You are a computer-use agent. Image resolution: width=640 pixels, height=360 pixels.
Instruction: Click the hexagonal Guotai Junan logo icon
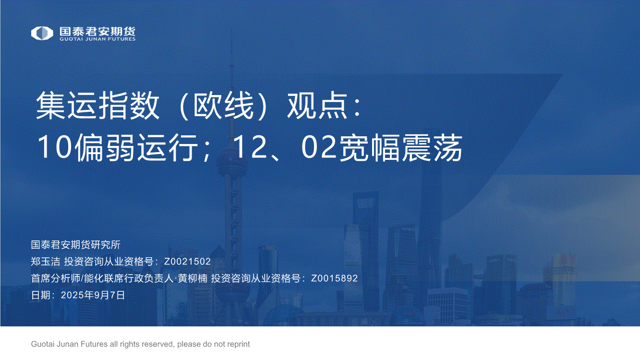point(42,33)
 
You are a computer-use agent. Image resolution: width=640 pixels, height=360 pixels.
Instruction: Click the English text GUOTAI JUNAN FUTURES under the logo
point(97,39)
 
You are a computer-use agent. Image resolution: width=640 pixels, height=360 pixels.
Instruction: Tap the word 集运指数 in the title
point(97,106)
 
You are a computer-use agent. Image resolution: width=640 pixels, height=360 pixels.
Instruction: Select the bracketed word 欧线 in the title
point(224,106)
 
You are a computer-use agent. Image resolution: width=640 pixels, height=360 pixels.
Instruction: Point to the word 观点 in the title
point(317,106)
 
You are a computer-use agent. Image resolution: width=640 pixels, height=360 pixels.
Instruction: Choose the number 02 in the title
point(319,147)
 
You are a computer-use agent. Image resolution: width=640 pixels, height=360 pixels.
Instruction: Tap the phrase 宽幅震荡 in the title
point(400,148)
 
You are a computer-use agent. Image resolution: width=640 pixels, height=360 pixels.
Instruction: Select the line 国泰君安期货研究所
point(76,245)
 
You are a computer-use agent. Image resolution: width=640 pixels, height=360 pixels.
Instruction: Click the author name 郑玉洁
point(46,262)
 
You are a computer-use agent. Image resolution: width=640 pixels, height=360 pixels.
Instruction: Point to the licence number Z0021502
point(187,262)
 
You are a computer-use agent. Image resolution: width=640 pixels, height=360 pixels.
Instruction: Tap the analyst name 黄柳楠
point(193,278)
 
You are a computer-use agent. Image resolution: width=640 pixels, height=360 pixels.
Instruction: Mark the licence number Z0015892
point(334,278)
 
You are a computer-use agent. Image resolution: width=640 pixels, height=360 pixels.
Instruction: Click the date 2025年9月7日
point(93,295)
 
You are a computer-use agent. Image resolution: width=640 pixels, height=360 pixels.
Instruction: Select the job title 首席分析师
point(56,278)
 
